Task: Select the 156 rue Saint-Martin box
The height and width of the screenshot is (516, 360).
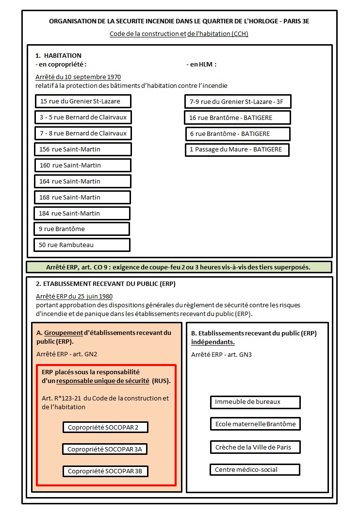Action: tap(83, 150)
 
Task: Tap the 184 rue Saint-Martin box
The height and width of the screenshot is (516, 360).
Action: tap(82, 214)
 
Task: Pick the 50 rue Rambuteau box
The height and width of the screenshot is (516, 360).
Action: tap(82, 245)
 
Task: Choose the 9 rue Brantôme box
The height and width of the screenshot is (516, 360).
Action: tap(82, 229)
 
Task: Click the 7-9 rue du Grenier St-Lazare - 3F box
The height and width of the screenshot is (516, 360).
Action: tap(237, 101)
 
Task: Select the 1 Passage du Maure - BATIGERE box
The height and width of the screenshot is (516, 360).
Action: tap(237, 150)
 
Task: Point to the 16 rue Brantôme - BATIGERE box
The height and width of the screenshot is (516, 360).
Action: tap(237, 117)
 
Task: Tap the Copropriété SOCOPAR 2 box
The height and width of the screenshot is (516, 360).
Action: tap(105, 427)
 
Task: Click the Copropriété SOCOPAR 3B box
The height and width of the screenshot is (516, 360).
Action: tap(105, 471)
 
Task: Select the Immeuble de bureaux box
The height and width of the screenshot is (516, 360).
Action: tap(255, 402)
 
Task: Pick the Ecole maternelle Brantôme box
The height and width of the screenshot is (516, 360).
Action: tap(255, 424)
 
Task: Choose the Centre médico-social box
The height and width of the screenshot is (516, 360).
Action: tap(255, 469)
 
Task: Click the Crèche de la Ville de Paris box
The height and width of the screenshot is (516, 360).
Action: tap(255, 447)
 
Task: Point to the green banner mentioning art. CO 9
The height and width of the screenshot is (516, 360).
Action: tap(179, 267)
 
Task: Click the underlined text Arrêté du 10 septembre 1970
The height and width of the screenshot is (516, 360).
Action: tap(78, 77)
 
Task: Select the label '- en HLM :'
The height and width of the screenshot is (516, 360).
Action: tap(201, 64)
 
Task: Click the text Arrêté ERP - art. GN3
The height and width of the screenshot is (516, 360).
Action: tap(221, 354)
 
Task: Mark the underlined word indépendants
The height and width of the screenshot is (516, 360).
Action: tap(213, 342)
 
